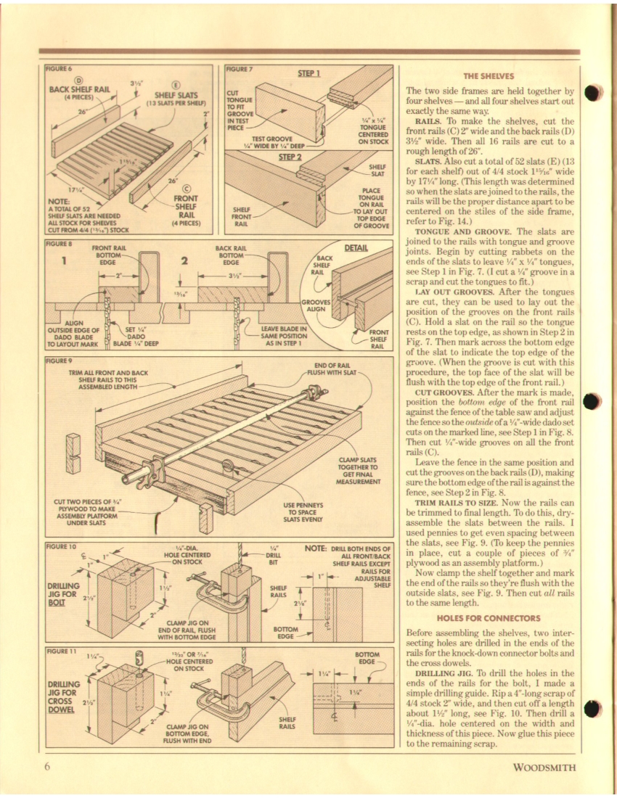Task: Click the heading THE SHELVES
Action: (488, 75)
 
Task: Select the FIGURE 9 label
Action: (60, 360)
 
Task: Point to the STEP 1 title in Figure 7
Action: (309, 73)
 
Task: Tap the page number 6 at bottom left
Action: (45, 768)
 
